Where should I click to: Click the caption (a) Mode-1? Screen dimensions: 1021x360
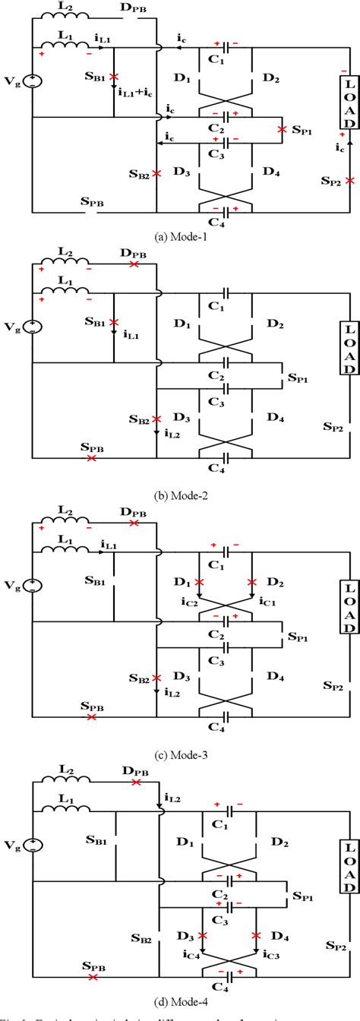179,235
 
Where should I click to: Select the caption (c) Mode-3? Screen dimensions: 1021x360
179,755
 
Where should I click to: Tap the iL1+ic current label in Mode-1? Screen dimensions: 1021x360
136,93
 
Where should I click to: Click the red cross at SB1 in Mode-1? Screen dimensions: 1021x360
114,77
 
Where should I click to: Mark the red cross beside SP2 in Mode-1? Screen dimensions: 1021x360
349,181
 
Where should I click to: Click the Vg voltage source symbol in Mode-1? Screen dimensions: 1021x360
33,81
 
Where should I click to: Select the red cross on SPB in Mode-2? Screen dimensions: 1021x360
91,459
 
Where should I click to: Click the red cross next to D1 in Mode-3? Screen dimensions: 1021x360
200,583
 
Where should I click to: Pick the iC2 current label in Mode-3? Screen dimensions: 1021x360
190,602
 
